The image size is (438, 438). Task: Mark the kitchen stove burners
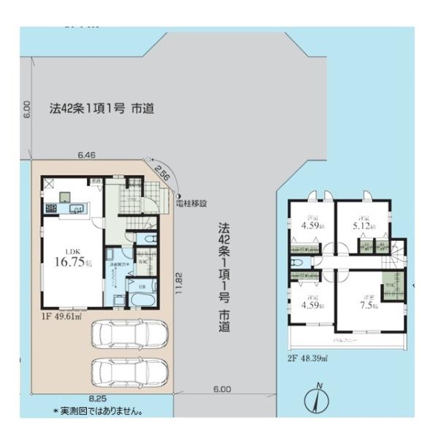click(52, 209)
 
